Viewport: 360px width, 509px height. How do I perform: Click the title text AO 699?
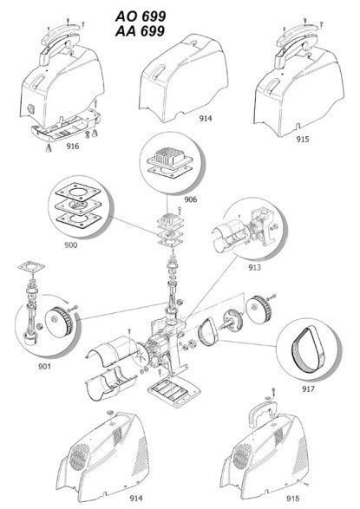(x=141, y=16)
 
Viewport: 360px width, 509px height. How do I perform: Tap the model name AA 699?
(x=140, y=31)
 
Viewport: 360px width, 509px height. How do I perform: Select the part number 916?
(x=73, y=146)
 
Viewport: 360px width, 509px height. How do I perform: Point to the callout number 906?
(x=191, y=199)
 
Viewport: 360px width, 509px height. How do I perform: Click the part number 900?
(x=71, y=245)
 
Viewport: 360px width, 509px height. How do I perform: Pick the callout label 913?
(x=254, y=267)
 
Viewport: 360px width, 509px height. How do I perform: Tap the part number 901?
(x=45, y=367)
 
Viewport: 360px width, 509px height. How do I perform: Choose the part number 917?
(x=309, y=388)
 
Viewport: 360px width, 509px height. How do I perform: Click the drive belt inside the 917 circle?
(x=306, y=350)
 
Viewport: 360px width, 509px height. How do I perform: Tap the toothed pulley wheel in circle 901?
(x=60, y=322)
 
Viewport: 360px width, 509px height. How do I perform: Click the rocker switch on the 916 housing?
(x=32, y=108)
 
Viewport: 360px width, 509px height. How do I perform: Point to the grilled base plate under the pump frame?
(x=172, y=393)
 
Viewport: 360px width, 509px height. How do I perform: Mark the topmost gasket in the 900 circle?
(x=78, y=193)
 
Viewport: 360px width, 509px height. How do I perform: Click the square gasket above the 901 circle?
(x=31, y=267)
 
